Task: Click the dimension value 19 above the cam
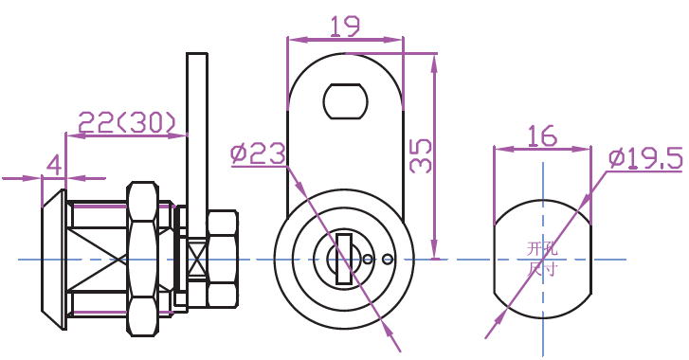345,26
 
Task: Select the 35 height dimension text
421,156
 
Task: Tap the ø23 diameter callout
258,154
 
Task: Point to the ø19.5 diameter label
645,158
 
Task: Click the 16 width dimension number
542,135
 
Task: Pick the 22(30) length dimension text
127,122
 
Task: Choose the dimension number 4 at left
54,166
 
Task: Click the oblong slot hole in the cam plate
345,101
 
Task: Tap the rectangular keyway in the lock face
344,259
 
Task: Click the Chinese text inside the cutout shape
543,259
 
